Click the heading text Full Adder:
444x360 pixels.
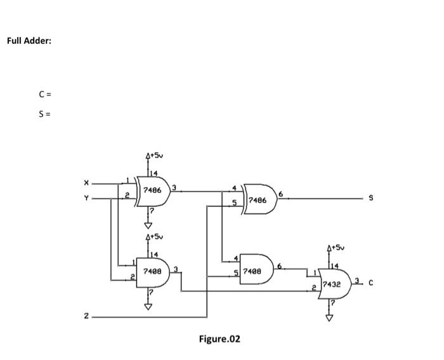[29, 41]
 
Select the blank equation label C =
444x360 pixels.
[44, 95]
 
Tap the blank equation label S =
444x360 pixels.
[44, 114]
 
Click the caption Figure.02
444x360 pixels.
[219, 339]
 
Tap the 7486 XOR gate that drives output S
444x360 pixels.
[258, 199]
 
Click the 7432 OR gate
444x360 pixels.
[332, 284]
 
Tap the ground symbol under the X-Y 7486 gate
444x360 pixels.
[148, 225]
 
